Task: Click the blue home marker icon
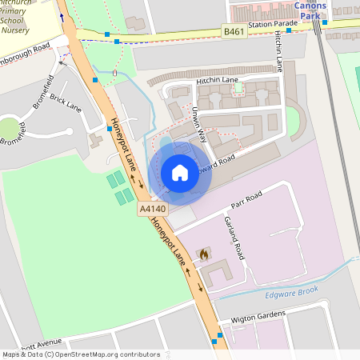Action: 180,172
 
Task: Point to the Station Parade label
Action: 273,25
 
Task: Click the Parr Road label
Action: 243,198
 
